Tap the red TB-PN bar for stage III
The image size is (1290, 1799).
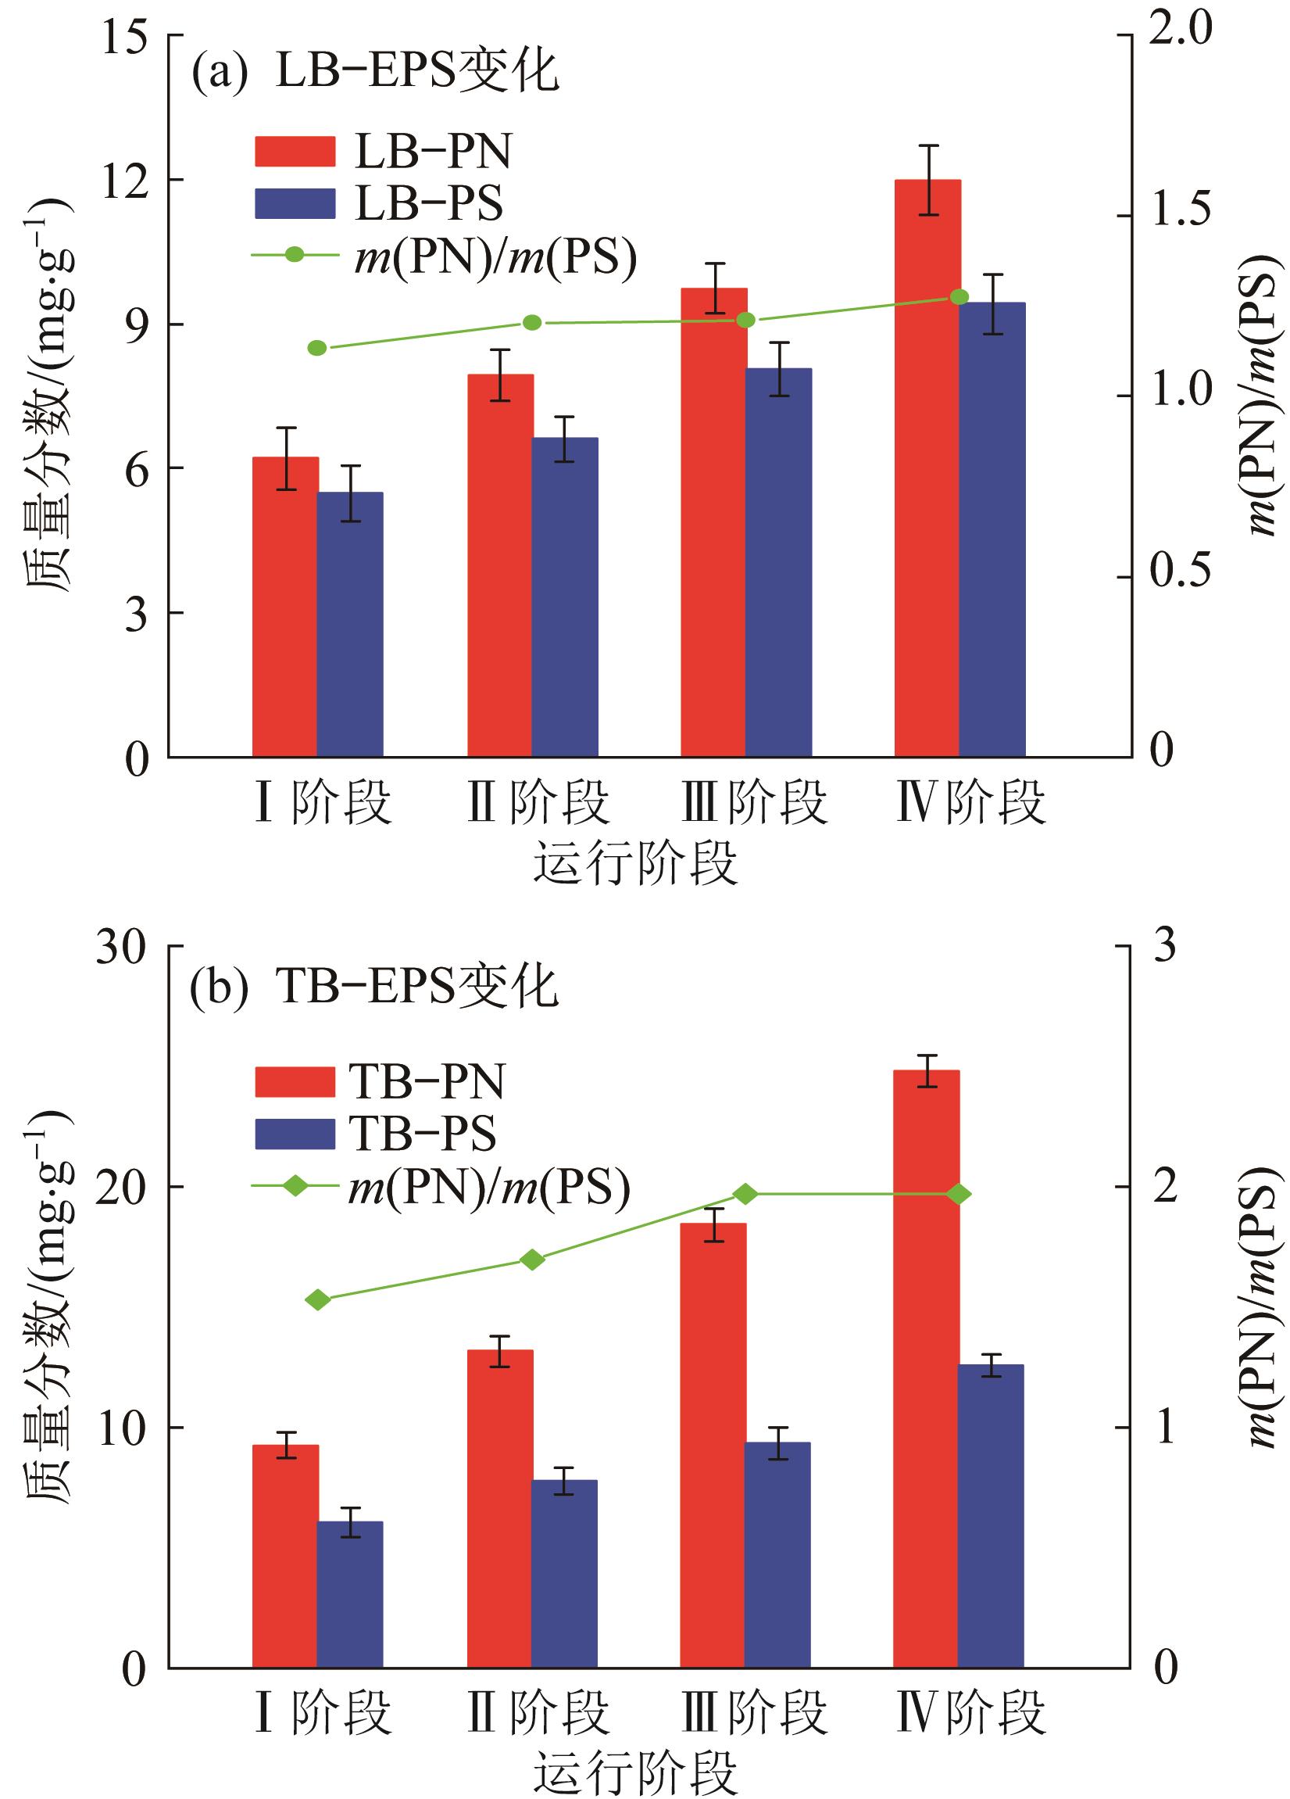(713, 1443)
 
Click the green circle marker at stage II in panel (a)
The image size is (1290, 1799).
(532, 323)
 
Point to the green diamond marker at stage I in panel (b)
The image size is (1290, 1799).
(318, 1299)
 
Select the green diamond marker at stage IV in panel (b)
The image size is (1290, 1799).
(959, 1194)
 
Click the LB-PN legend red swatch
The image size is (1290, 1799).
(295, 151)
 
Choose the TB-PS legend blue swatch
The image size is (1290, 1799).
(295, 1134)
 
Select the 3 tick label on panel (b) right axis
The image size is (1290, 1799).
(1165, 946)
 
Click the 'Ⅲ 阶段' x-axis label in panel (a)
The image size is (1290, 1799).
(754, 802)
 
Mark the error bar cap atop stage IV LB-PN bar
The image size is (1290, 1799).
(927, 145)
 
